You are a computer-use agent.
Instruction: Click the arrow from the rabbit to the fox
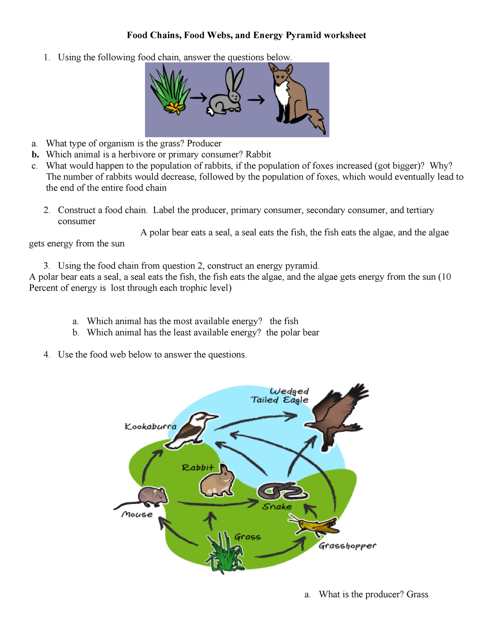coord(255,99)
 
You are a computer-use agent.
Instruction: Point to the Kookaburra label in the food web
coord(150,426)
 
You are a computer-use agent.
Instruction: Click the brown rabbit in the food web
coord(217,481)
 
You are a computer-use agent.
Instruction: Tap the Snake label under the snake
coord(277,507)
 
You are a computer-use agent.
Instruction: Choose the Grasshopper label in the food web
coord(347,546)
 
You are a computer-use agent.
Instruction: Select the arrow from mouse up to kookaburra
coord(150,466)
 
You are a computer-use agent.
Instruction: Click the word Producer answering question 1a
coord(204,143)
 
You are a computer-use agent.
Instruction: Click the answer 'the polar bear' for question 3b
coord(293,332)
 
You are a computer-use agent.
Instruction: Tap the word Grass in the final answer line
coord(417,594)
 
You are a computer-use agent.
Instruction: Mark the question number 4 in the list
coord(47,355)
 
